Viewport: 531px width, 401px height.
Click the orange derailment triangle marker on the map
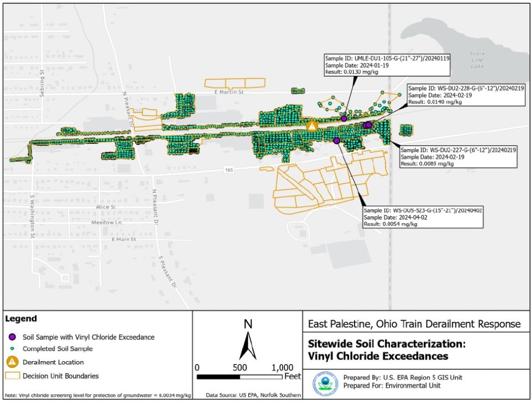[x=313, y=126]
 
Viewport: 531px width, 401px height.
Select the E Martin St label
[x=228, y=92]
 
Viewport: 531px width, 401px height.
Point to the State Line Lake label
[x=475, y=59]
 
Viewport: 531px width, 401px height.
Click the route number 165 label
[x=228, y=169]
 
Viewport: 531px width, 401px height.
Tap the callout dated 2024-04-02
[x=423, y=217]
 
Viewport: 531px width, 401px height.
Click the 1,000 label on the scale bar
[x=282, y=367]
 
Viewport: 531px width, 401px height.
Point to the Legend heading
[x=21, y=319]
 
